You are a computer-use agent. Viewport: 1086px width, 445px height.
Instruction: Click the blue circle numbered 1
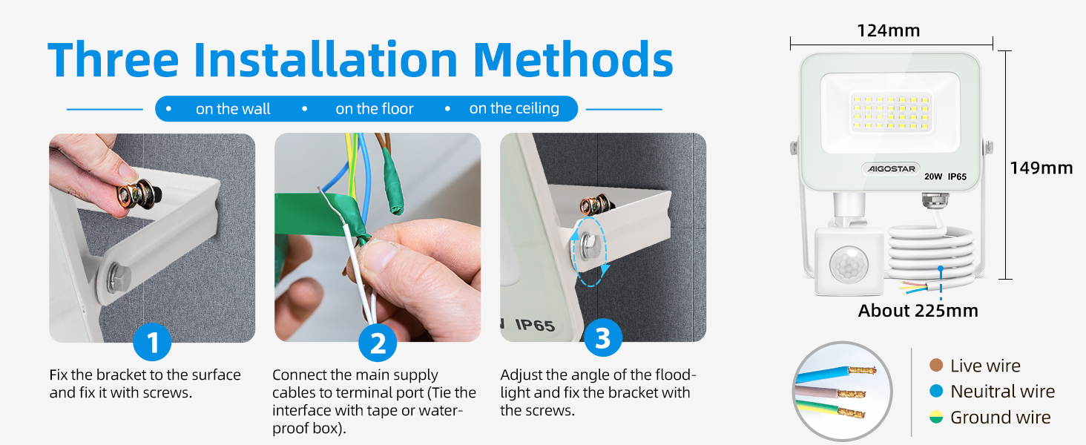[x=152, y=342]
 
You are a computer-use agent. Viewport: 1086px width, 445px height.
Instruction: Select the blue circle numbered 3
[x=603, y=337]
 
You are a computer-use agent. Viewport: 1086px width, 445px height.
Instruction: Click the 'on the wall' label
[x=233, y=109]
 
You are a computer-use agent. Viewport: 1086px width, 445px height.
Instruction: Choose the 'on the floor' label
[x=375, y=109]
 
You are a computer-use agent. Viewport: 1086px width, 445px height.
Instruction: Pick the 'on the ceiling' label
[x=514, y=108]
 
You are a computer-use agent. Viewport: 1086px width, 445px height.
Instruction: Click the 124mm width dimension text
[x=888, y=31]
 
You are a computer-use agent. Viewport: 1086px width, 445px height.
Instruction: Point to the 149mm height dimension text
[x=1041, y=168]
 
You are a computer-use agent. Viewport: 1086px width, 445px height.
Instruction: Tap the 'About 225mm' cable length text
[x=918, y=311]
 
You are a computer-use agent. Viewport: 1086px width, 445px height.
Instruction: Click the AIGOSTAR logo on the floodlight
[x=891, y=168]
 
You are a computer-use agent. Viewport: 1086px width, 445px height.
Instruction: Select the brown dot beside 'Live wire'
[x=936, y=365]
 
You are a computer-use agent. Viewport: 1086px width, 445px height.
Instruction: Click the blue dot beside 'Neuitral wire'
[x=936, y=391]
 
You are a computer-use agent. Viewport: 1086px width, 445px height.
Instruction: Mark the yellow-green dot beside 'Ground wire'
[x=936, y=417]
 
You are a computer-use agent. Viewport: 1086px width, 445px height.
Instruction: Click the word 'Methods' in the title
[x=573, y=59]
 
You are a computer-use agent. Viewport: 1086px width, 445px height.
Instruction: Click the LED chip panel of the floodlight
[x=891, y=112]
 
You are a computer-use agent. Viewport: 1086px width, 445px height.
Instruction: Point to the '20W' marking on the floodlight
[x=932, y=177]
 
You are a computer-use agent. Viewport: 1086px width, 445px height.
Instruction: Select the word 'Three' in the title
[x=113, y=59]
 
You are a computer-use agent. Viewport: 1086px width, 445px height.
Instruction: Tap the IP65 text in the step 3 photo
[x=534, y=325]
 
